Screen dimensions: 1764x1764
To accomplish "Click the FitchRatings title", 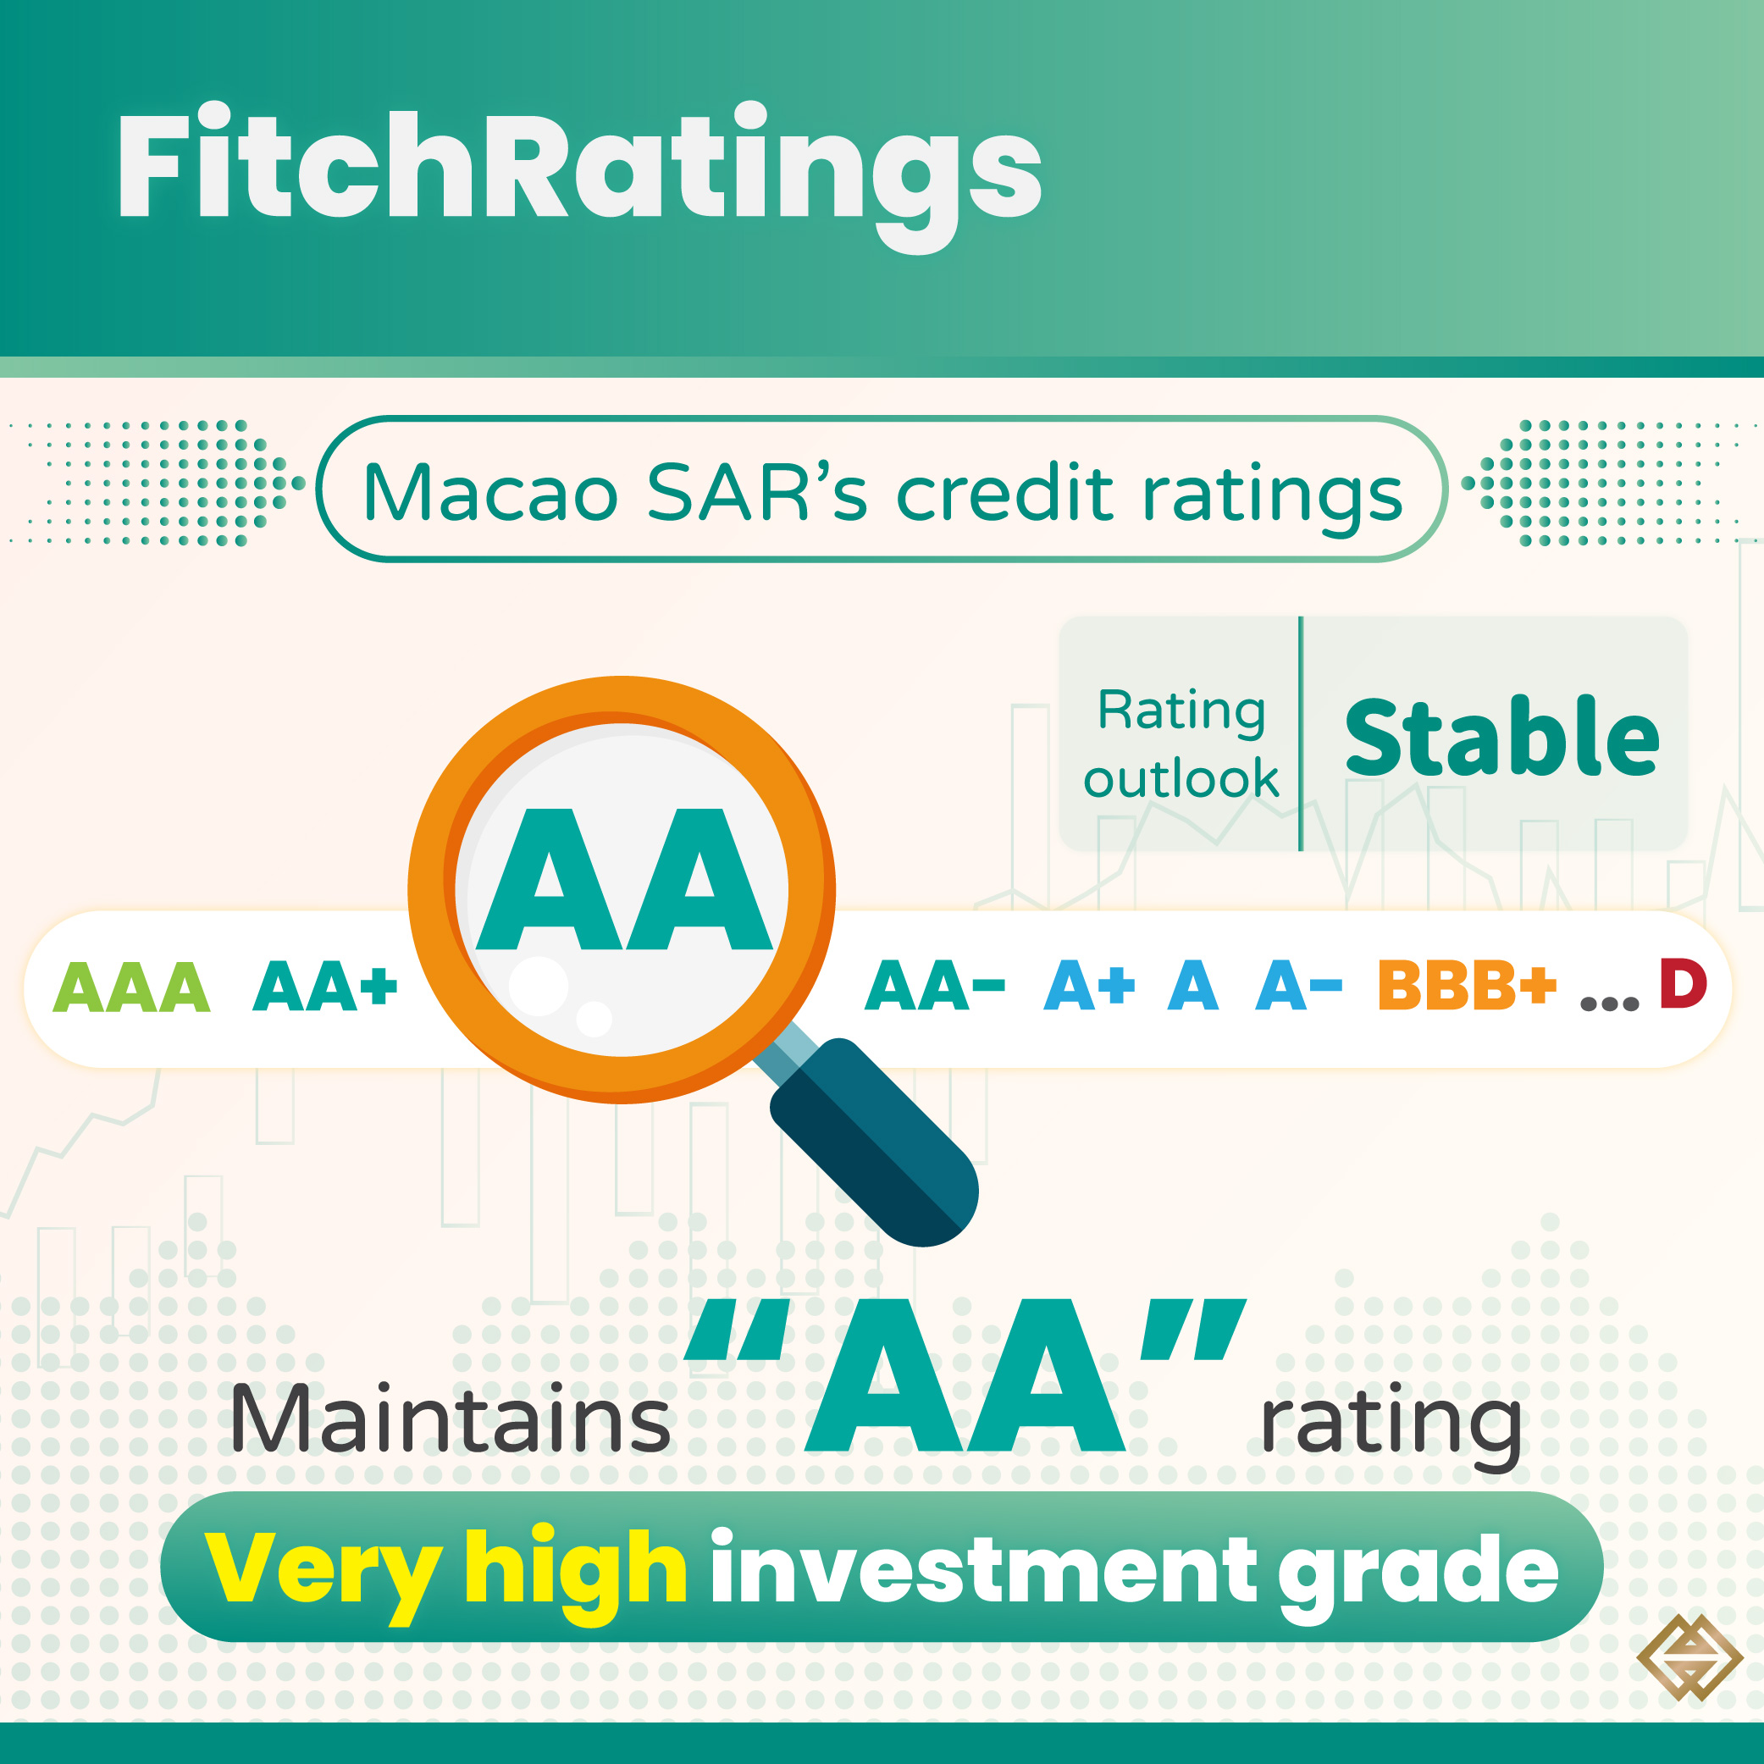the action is [x=580, y=175].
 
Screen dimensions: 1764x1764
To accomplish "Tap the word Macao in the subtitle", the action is [x=490, y=492].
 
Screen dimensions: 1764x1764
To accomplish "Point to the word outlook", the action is [x=1181, y=778].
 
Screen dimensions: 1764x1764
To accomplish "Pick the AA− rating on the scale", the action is [x=934, y=985].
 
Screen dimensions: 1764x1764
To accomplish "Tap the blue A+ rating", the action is [x=1088, y=985].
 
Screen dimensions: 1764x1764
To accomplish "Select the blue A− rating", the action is [x=1298, y=985].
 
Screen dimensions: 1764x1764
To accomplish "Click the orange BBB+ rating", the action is [x=1468, y=985].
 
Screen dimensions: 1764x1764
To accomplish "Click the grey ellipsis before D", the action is [x=1609, y=1004].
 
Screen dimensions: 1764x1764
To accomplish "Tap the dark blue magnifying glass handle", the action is [x=874, y=1142].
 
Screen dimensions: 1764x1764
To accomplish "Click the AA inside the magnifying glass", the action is [x=624, y=879].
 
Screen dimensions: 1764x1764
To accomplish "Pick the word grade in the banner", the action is [x=1418, y=1574].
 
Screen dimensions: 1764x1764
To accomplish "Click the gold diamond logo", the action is [x=1689, y=1658].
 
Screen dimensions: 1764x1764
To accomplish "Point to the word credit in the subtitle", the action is [x=1006, y=492].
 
